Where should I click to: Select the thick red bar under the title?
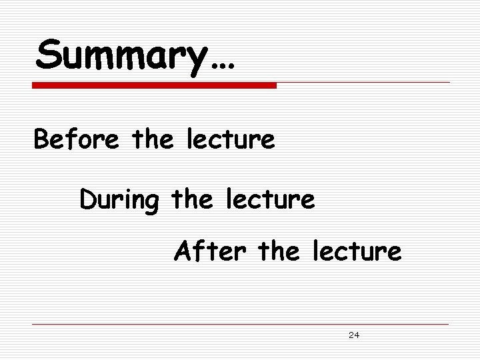(x=155, y=86)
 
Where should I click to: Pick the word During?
(x=119, y=199)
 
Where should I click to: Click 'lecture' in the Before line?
(x=230, y=140)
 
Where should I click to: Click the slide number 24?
(x=354, y=335)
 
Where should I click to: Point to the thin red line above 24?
(x=240, y=324)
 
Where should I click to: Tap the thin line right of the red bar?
(x=363, y=83)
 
